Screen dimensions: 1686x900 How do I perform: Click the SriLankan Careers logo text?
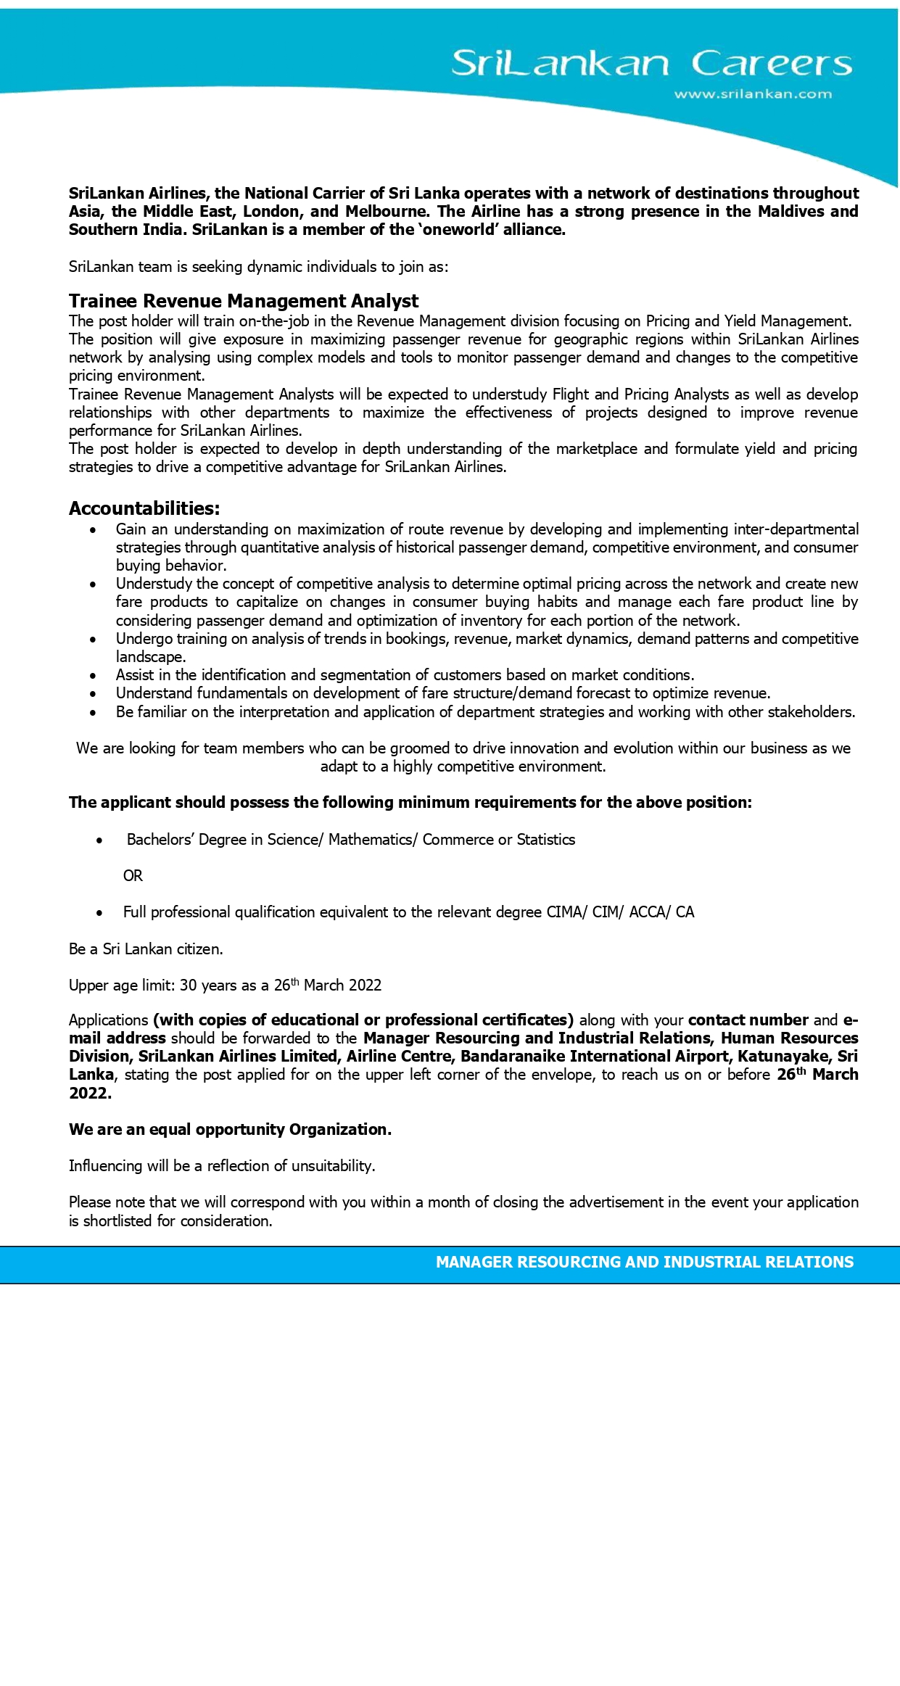click(651, 64)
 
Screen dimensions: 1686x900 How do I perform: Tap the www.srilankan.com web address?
click(753, 94)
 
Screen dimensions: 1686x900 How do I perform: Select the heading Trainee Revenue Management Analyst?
click(244, 301)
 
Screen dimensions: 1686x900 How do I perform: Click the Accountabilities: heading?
click(144, 508)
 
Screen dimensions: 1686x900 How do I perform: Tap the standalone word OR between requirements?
click(133, 876)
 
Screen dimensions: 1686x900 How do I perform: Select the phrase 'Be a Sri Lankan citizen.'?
click(146, 949)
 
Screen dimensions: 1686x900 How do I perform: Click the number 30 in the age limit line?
click(188, 985)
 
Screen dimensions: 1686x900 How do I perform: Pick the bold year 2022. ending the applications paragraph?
click(90, 1094)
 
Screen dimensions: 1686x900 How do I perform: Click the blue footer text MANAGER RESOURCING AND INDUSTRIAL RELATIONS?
click(644, 1263)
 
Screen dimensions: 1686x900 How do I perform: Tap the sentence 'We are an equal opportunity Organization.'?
click(230, 1130)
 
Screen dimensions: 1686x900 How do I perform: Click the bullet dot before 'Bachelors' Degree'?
click(100, 840)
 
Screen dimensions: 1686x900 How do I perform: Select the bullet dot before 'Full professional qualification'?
click(100, 913)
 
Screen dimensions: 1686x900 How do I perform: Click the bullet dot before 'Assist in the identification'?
click(93, 676)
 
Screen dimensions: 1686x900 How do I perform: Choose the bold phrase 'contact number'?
click(748, 1020)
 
